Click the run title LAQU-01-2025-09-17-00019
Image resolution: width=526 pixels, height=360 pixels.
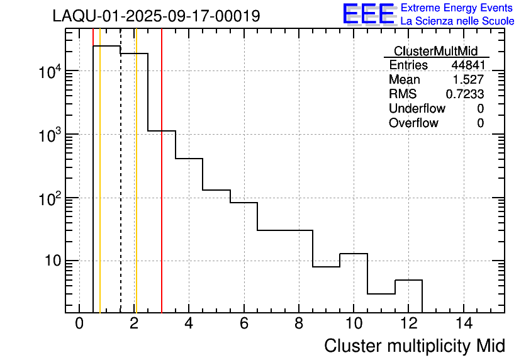[156, 16]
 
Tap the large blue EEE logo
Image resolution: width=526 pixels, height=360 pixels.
[368, 14]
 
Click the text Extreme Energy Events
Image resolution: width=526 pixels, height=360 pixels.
[457, 8]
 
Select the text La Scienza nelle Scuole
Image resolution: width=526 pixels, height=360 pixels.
[457, 21]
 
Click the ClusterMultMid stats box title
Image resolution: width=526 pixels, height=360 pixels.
[435, 51]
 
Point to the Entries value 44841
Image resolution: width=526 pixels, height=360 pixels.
[467, 65]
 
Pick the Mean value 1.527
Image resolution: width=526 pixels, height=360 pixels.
[469, 80]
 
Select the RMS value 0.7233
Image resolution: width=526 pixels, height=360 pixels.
[465, 94]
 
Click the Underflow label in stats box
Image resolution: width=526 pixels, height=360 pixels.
[417, 109]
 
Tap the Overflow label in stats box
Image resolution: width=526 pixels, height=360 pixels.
[413, 123]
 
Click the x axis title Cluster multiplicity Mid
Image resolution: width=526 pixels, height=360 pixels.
[414, 346]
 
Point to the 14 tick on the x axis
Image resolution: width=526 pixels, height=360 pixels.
[464, 325]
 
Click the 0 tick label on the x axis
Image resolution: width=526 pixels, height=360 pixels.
[79, 325]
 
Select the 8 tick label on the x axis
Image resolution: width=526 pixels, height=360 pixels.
[299, 325]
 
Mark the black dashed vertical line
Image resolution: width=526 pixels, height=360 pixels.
[121, 189]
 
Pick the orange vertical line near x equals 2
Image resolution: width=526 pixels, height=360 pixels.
[136, 189]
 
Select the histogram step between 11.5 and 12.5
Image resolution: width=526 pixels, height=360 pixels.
[408, 280]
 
